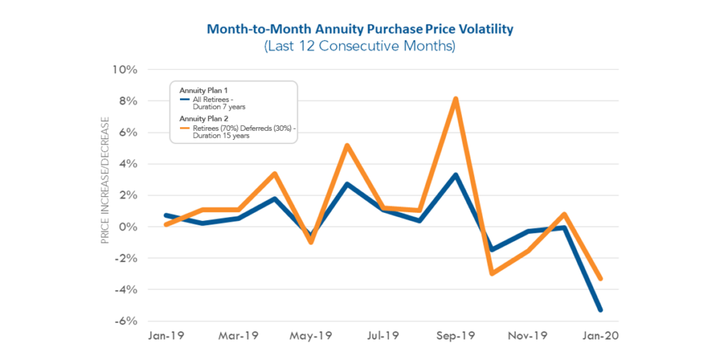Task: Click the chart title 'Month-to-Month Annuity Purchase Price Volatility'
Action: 359,30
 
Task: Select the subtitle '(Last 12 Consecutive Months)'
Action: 359,47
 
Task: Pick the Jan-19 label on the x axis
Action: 166,336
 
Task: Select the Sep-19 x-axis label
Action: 456,336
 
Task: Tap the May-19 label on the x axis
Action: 311,336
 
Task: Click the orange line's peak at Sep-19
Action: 456,99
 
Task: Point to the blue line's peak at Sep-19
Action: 456,175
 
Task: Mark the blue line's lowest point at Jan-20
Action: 600,309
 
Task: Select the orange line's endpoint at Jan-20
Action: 600,278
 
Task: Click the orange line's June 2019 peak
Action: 347,146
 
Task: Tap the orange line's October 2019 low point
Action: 491,273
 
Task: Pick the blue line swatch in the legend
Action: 184,99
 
